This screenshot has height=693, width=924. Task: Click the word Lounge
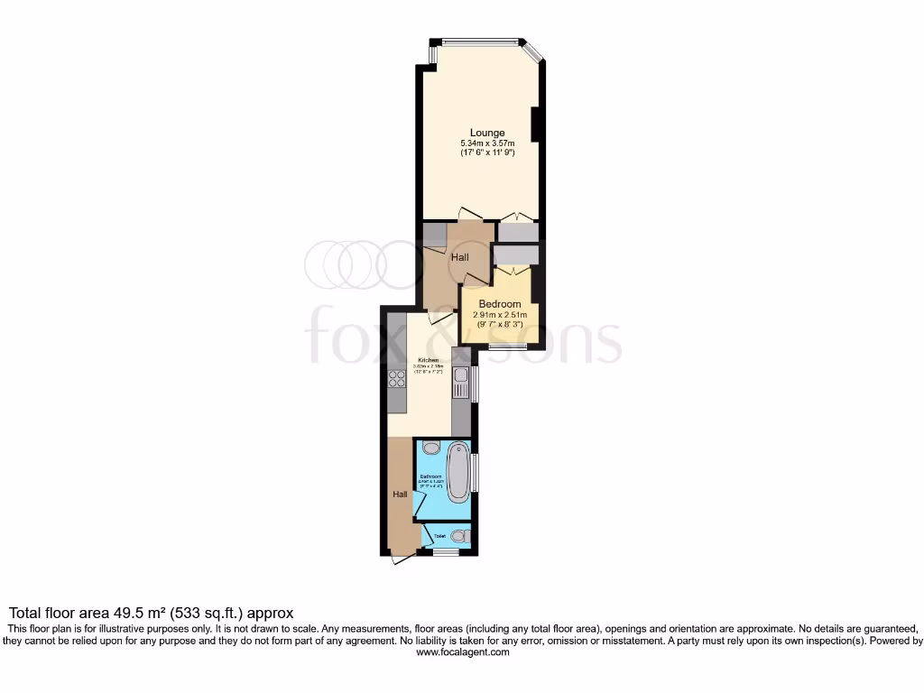click(x=487, y=134)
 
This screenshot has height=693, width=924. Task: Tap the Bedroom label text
click(x=499, y=304)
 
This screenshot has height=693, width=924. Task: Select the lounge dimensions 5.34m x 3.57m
click(x=487, y=143)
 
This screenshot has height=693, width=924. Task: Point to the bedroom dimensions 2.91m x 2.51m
click(x=499, y=315)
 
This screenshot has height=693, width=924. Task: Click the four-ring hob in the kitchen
click(x=397, y=379)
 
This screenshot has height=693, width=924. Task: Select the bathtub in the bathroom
click(x=458, y=469)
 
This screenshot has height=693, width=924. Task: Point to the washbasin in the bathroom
click(x=430, y=448)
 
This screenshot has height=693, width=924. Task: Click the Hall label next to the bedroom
click(x=460, y=258)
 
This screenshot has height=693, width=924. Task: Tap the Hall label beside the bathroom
click(x=400, y=494)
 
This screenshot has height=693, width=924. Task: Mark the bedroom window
click(x=508, y=346)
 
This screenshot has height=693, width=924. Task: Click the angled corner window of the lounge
click(x=533, y=51)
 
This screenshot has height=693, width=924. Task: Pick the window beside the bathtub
click(x=476, y=473)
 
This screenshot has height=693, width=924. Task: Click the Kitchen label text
click(x=428, y=360)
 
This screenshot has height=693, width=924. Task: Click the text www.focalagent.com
click(x=462, y=652)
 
